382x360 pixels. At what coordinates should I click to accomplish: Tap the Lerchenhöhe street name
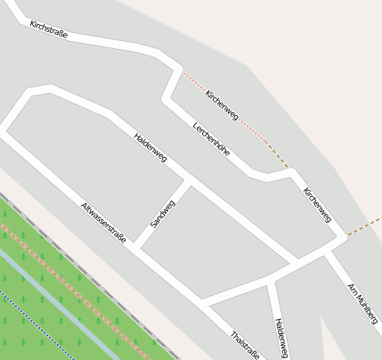(211, 139)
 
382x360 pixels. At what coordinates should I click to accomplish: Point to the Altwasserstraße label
(103, 222)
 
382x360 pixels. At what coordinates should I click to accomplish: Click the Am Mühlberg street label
(362, 303)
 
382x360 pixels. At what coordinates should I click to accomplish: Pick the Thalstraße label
(245, 346)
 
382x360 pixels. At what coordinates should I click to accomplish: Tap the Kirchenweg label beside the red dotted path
(222, 105)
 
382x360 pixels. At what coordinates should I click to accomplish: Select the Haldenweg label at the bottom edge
(281, 338)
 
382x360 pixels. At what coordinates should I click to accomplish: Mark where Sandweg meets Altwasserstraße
(136, 245)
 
